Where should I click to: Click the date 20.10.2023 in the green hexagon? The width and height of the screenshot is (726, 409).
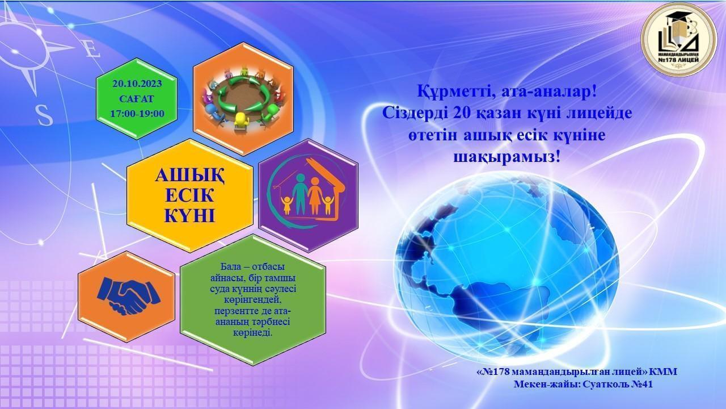(137, 84)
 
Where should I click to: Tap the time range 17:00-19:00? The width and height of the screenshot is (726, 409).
(137, 114)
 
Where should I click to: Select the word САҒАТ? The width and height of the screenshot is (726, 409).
(137, 99)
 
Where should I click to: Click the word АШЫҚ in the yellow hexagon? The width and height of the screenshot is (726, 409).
(189, 176)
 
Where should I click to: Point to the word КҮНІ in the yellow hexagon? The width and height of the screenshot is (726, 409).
(189, 215)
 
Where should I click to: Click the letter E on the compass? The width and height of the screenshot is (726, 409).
(92, 52)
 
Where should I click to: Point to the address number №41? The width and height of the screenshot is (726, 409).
(642, 385)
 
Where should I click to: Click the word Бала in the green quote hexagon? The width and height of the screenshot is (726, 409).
(230, 267)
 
